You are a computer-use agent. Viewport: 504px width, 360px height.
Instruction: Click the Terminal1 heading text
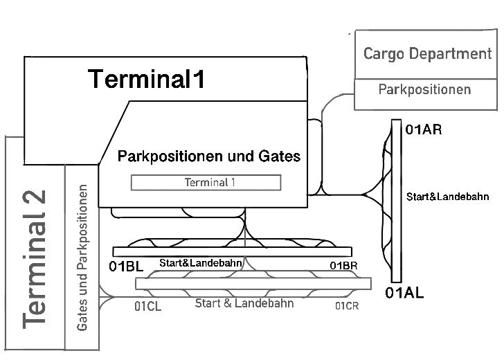[147, 80]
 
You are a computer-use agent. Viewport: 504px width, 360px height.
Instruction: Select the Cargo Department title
[427, 54]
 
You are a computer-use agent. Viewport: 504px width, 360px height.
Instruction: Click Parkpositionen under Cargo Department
[424, 90]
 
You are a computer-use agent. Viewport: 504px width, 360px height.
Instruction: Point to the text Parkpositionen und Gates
[209, 156]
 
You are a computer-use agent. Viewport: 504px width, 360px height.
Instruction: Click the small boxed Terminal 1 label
[206, 183]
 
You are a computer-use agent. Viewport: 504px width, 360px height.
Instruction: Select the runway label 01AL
[405, 293]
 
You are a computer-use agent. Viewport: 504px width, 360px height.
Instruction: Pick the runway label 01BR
[343, 267]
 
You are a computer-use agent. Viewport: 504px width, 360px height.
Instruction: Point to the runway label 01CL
[147, 307]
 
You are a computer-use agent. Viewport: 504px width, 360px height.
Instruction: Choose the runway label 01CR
[346, 307]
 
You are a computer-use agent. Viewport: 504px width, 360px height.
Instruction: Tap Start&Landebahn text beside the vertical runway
[448, 197]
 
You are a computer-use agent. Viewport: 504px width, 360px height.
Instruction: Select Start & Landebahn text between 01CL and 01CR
[244, 303]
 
